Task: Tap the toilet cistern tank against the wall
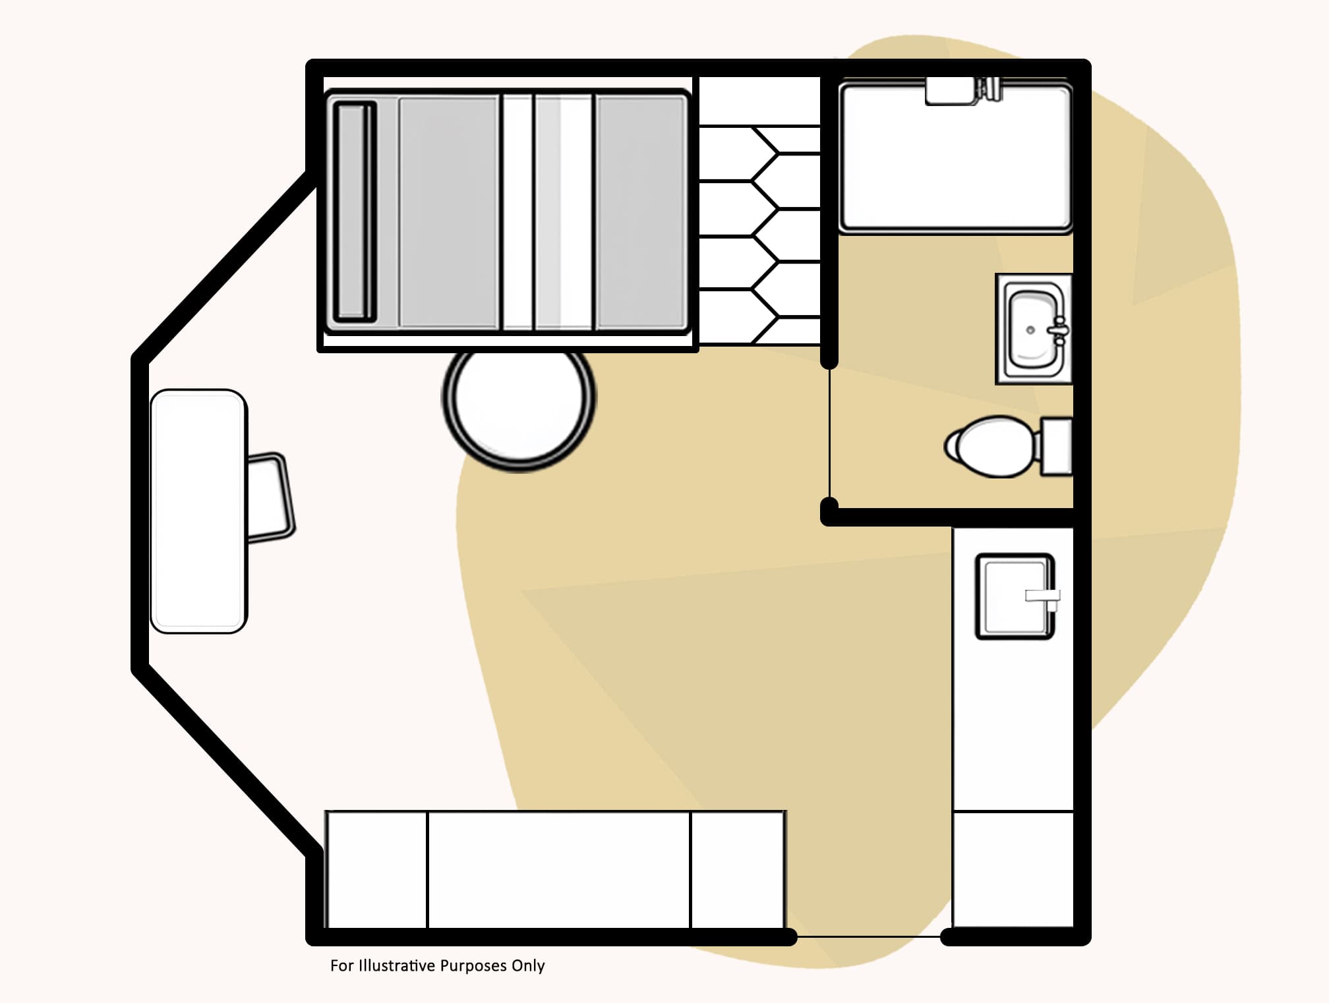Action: point(1056,446)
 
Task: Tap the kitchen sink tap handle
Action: point(1042,596)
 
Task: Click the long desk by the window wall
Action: point(198,511)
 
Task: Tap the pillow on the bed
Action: point(354,212)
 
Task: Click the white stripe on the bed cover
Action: point(517,212)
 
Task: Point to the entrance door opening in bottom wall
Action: point(869,936)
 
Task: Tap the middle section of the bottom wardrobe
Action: point(559,870)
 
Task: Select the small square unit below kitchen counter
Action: point(1013,869)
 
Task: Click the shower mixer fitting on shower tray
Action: point(989,89)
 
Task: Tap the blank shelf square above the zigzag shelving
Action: point(759,101)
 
